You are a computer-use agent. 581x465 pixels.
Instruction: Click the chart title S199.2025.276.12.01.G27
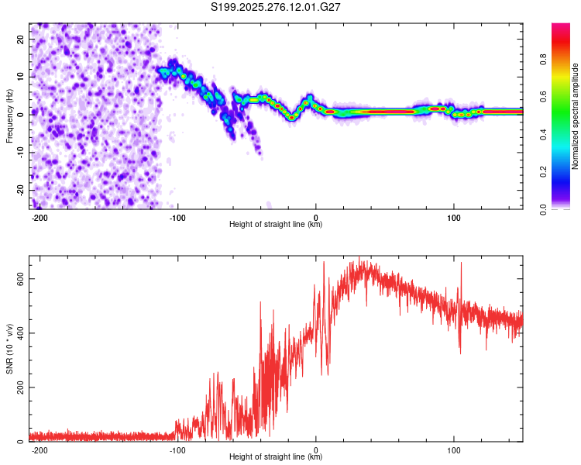click(x=277, y=7)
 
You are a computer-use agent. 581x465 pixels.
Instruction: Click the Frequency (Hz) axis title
click(x=10, y=115)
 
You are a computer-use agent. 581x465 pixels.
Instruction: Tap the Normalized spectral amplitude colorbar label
click(x=575, y=116)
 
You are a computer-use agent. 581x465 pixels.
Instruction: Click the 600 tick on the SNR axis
click(x=18, y=278)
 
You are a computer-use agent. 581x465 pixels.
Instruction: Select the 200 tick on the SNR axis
click(x=18, y=387)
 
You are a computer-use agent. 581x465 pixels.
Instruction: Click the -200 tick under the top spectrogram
click(x=40, y=217)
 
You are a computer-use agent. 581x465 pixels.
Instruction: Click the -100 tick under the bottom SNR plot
click(x=178, y=449)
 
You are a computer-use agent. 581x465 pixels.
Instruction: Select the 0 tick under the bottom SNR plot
click(x=316, y=449)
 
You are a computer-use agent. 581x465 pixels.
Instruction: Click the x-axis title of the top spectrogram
click(x=276, y=225)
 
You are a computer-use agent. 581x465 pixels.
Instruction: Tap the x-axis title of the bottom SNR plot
click(x=276, y=457)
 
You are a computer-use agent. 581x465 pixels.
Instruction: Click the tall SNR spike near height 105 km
click(x=461, y=264)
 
